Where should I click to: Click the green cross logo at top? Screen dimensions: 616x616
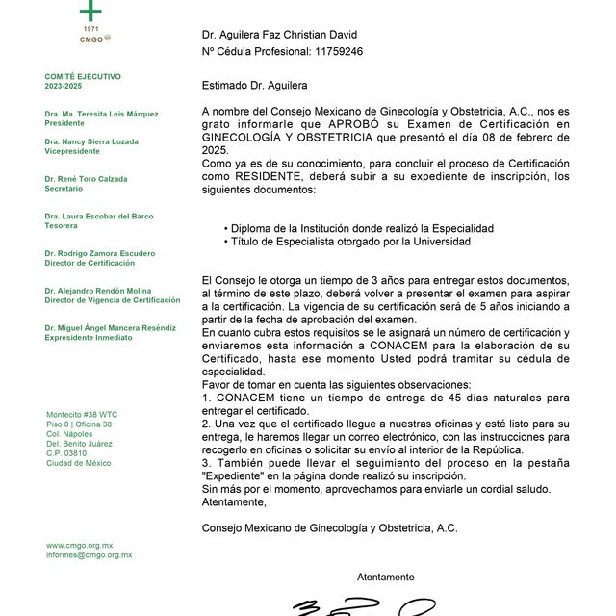coord(90,10)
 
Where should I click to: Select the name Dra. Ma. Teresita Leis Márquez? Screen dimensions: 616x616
coord(101,114)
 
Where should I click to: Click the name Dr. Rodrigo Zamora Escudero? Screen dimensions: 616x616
coord(99,252)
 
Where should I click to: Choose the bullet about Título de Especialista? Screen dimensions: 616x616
coord(353,242)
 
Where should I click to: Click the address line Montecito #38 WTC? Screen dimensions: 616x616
coord(82,415)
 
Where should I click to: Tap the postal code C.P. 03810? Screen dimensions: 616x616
coord(66,453)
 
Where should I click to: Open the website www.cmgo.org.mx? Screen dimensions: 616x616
coord(79,545)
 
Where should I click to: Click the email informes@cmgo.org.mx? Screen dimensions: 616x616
coord(89,555)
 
